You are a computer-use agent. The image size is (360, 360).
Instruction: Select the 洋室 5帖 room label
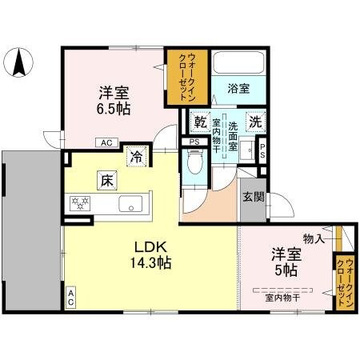point(286,262)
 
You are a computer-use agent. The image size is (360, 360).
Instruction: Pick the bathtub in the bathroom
point(238,70)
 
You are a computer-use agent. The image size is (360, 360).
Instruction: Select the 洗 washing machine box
point(254,124)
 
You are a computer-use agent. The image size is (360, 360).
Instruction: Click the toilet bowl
point(193,163)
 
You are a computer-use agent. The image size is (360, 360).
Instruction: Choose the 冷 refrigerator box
point(137,157)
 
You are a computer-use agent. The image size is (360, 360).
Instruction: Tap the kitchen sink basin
point(130,204)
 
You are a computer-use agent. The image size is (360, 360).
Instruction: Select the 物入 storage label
point(313,238)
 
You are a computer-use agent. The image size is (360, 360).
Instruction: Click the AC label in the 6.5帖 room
point(106,143)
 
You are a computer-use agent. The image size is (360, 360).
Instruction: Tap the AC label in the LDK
point(70,298)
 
